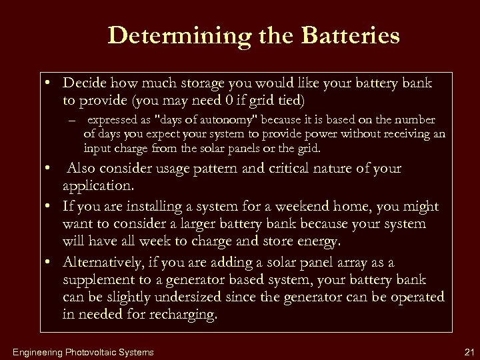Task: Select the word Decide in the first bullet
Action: (85, 84)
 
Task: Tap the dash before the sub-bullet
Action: (72, 121)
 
